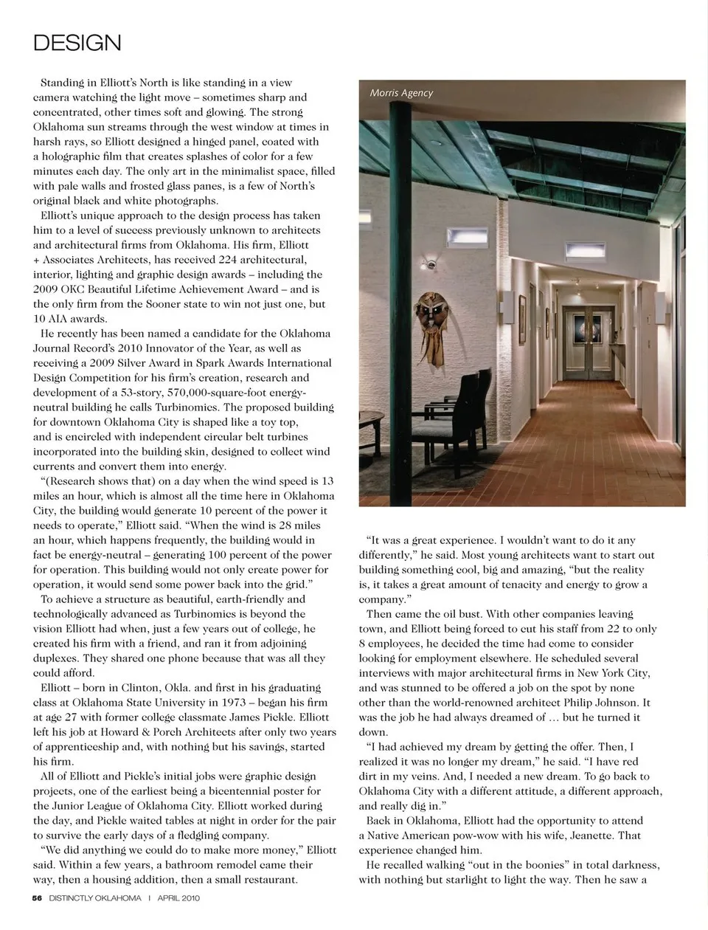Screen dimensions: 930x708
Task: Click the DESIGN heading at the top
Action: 77,43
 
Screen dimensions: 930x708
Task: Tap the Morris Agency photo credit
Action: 401,93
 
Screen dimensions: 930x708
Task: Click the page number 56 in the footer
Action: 37,898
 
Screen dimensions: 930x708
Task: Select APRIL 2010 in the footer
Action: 179,898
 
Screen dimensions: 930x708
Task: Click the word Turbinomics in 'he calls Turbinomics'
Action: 188,407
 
